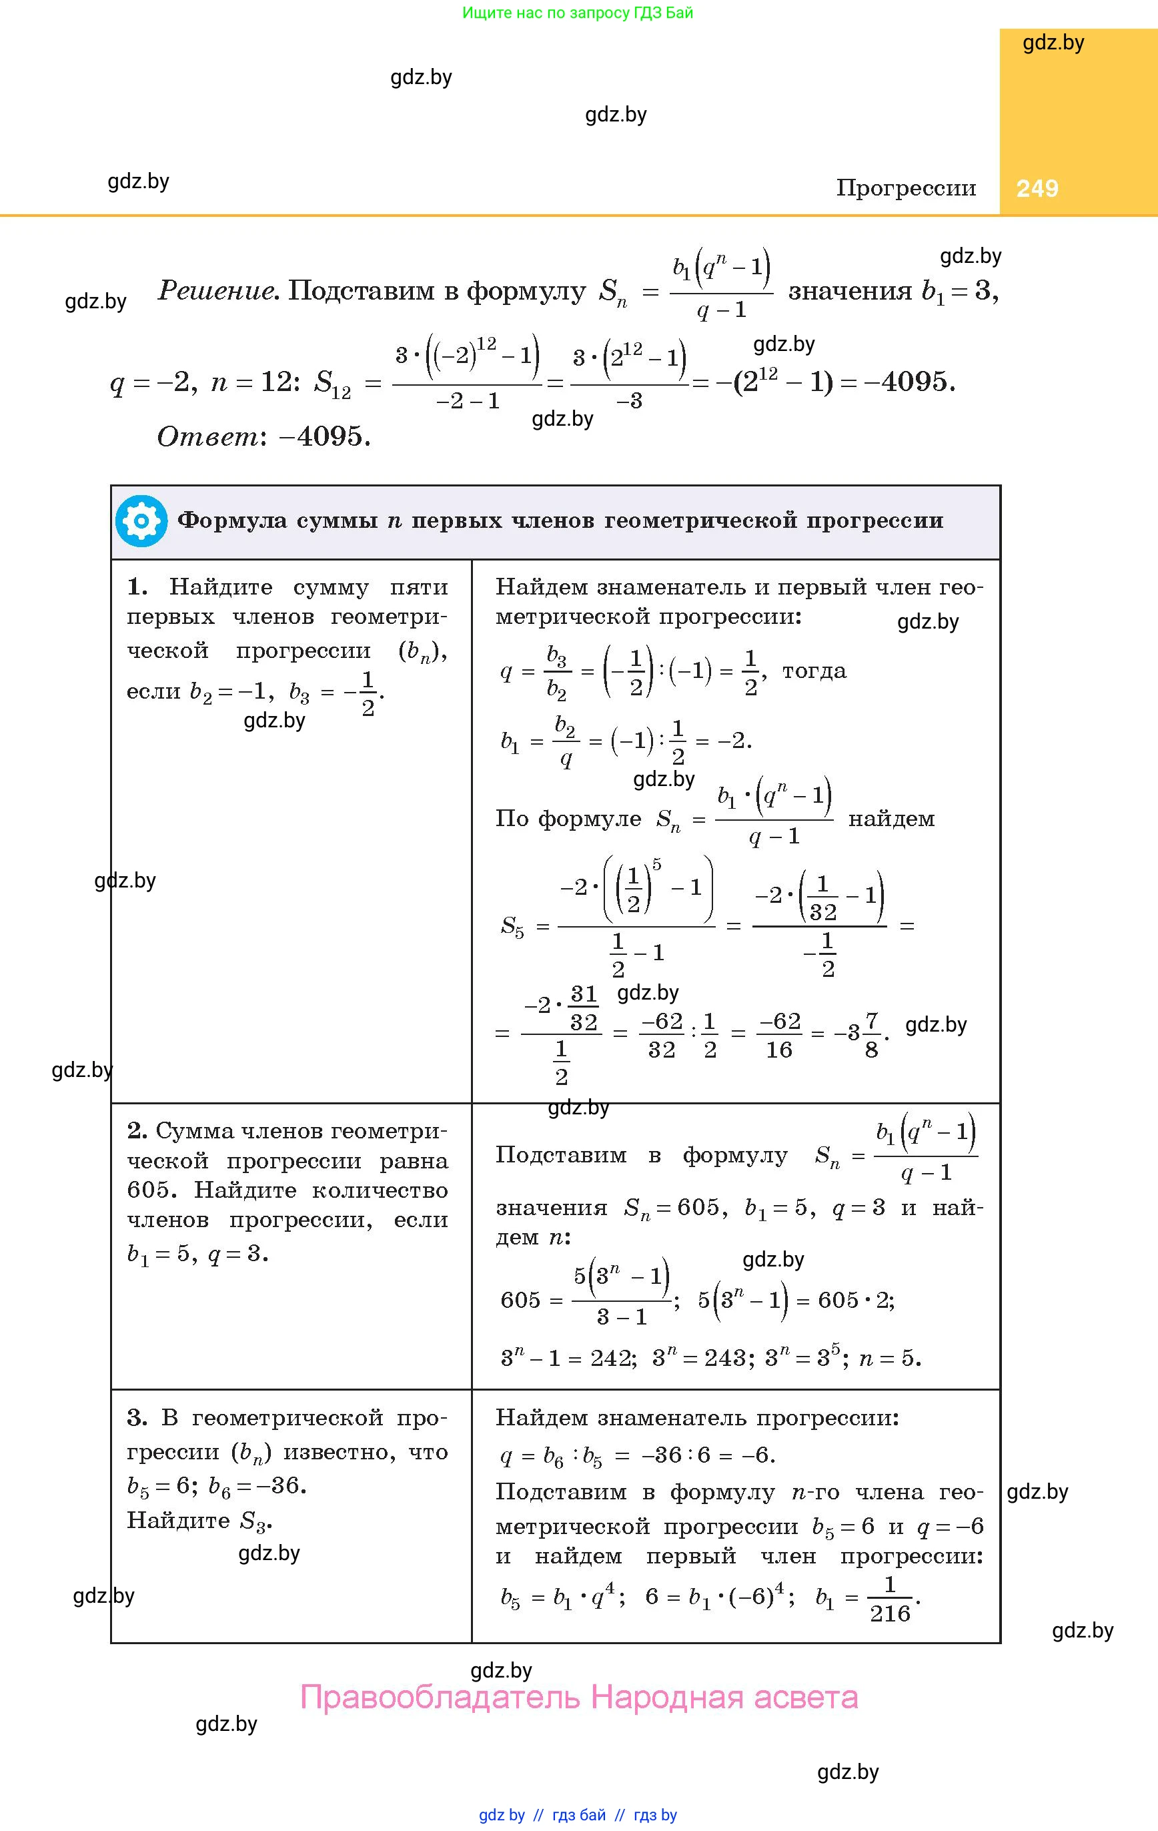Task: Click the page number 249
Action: pyautogui.click(x=1037, y=189)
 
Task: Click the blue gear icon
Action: pyautogui.click(x=141, y=521)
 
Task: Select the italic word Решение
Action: pyautogui.click(x=216, y=290)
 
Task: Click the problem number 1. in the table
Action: pyautogui.click(x=137, y=587)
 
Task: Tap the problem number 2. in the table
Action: pyautogui.click(x=137, y=1130)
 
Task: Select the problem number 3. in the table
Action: pyautogui.click(x=137, y=1417)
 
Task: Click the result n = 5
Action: pyautogui.click(x=890, y=1358)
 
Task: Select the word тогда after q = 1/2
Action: pyautogui.click(x=814, y=671)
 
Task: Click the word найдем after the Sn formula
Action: pyautogui.click(x=891, y=819)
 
